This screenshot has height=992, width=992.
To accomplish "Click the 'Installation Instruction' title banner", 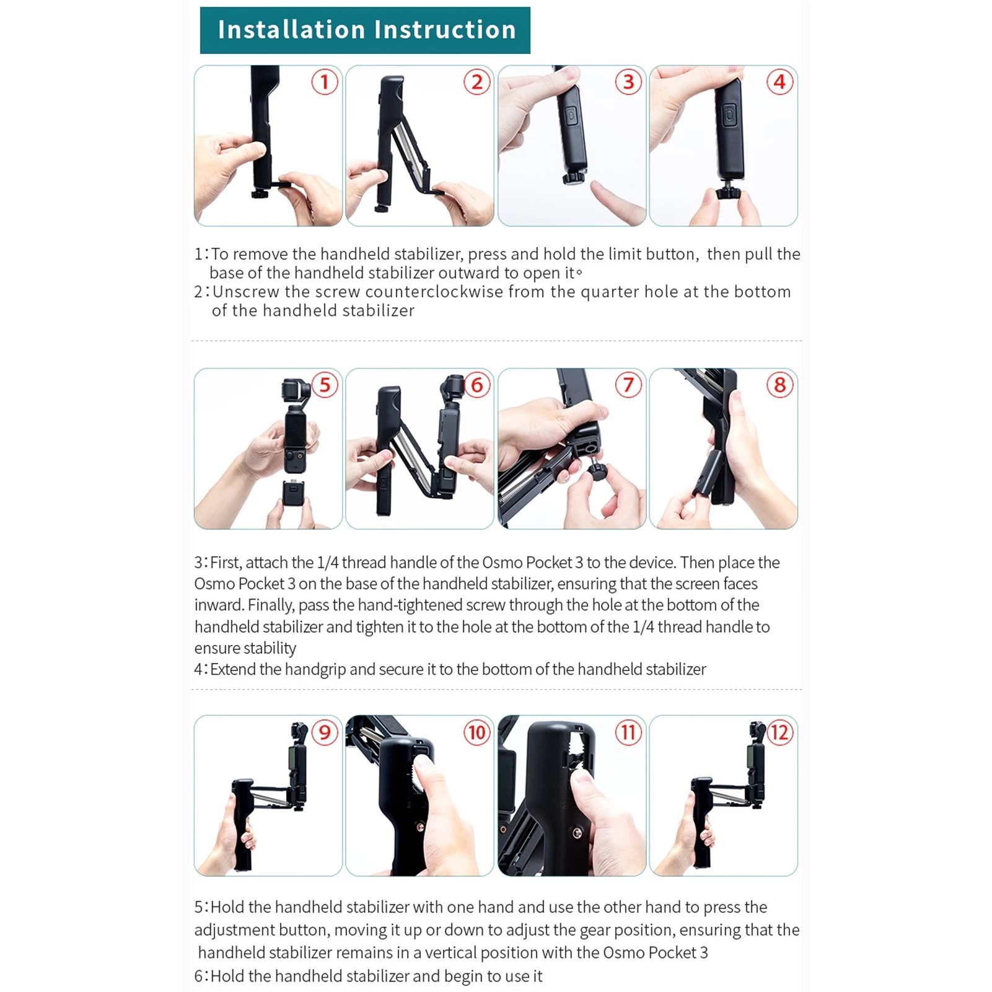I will pos(365,30).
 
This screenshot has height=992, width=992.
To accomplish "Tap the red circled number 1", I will pos(324,82).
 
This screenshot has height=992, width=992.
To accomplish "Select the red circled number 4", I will pos(779,82).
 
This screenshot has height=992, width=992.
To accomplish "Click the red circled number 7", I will pos(628,385).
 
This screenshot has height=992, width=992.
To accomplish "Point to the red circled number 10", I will pos(476,732).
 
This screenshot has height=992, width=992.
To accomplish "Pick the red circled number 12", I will pos(779,732).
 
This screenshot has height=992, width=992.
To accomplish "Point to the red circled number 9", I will pos(324,732).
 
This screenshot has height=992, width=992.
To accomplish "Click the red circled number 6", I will pos(476,385).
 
